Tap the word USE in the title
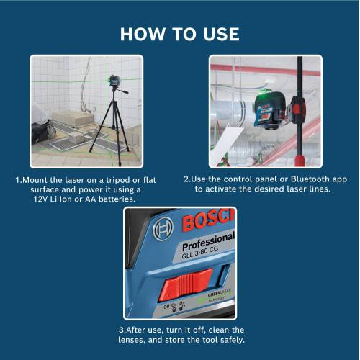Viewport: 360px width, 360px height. pyautogui.click(x=219, y=34)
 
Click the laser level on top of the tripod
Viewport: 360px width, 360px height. pyautogui.click(x=116, y=80)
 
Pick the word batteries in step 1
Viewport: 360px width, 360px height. pyautogui.click(x=136, y=199)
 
